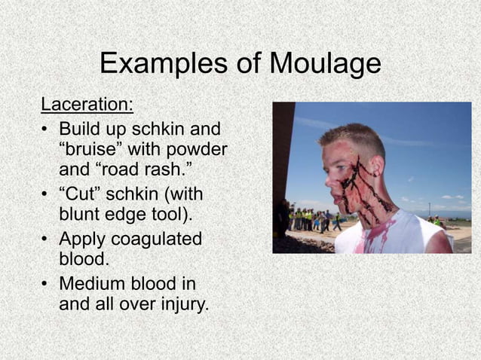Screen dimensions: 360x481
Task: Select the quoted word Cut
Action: coord(83,197)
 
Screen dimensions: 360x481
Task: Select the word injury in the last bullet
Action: coord(179,305)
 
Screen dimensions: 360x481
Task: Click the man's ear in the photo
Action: coord(374,166)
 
